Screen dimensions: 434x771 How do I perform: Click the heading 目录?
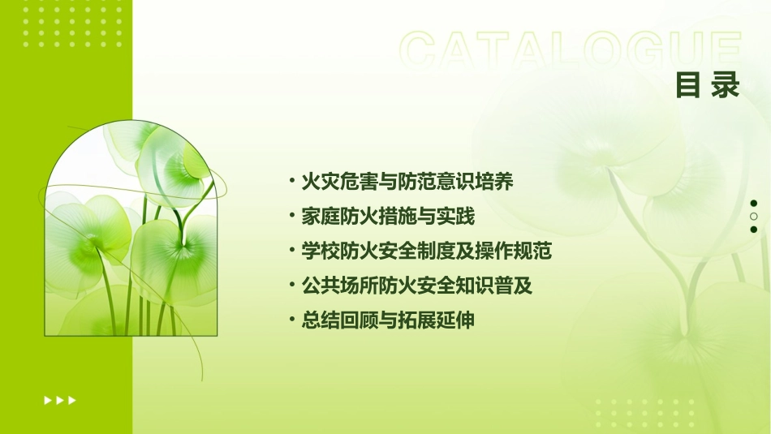708,85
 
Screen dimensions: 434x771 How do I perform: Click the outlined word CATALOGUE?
571,50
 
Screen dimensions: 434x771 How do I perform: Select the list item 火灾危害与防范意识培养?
407,182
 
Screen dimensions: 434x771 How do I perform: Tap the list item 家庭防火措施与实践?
387,217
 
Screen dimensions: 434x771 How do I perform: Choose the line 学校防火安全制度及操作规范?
426,251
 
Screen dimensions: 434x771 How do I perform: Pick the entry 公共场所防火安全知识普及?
416,286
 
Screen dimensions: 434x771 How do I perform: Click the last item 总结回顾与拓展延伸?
387,320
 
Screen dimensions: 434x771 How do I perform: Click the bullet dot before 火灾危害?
291,182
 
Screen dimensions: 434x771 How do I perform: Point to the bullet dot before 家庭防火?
291,217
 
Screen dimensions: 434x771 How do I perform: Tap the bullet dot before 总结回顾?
291,320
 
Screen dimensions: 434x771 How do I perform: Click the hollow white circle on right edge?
754,217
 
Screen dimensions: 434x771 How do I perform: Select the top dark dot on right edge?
754,204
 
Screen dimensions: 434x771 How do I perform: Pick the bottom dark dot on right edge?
754,230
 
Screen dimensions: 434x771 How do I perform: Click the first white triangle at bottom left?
47,400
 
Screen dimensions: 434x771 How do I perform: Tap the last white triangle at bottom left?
73,400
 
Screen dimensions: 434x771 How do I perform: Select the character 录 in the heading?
726,85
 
